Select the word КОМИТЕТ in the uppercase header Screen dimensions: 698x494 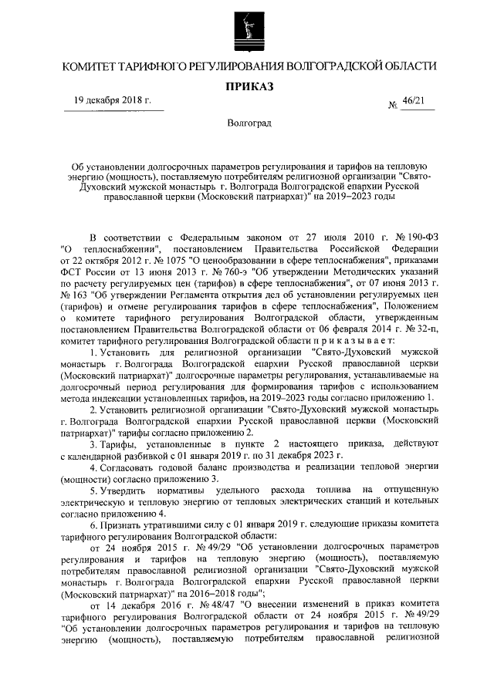click(x=91, y=68)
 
